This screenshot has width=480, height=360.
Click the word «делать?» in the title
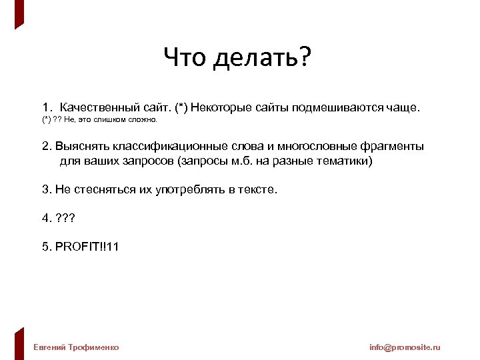(x=263, y=59)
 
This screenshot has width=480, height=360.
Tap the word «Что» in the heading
(x=187, y=59)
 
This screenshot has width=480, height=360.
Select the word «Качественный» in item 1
(x=99, y=107)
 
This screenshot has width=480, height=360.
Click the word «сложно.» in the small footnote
(x=141, y=120)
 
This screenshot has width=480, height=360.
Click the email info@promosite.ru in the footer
(x=405, y=347)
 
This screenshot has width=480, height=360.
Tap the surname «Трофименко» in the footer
(x=94, y=347)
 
